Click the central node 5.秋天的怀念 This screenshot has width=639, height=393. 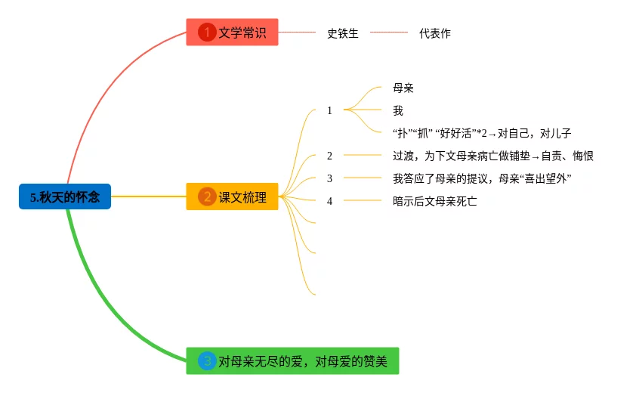tap(65, 197)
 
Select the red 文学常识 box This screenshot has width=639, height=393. tap(233, 32)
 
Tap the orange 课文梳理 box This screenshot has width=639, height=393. tap(233, 197)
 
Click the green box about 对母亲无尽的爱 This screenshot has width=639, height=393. tap(292, 361)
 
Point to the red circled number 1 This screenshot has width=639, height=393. tap(207, 32)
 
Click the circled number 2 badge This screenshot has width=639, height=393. tap(207, 197)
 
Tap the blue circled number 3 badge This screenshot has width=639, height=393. tap(207, 361)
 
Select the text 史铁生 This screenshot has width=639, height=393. tap(343, 33)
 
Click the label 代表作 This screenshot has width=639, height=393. tap(435, 33)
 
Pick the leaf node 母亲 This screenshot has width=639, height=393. tap(403, 88)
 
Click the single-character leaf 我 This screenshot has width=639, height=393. tap(398, 110)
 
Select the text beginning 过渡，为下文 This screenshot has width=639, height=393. tap(493, 156)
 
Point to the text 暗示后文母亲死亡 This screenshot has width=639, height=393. tap(435, 201)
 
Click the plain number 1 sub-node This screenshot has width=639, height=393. tap(329, 110)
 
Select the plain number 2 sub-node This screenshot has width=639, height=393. tap(329, 156)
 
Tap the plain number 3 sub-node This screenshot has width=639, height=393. tap(329, 178)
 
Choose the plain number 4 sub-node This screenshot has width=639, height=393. tap(329, 201)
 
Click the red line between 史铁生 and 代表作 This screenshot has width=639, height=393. tap(388, 32)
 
